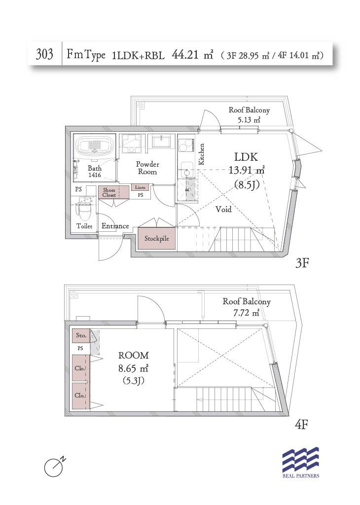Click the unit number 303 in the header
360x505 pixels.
click(x=44, y=54)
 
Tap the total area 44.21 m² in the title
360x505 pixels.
click(x=192, y=55)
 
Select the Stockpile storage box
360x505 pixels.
click(x=156, y=238)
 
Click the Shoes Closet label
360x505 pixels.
click(x=109, y=192)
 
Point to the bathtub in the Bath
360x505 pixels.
click(x=94, y=146)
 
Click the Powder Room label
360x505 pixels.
click(x=147, y=168)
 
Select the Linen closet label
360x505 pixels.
click(x=140, y=187)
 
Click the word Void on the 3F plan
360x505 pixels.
click(x=223, y=209)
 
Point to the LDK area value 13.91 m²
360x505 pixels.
click(x=247, y=170)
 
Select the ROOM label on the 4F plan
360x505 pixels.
click(x=134, y=355)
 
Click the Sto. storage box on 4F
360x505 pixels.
click(x=80, y=336)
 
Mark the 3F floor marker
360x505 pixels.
click(x=302, y=263)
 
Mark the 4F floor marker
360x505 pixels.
click(x=301, y=425)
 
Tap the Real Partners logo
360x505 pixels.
click(x=301, y=463)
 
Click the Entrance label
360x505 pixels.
click(x=115, y=226)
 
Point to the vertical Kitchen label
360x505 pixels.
click(x=202, y=154)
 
